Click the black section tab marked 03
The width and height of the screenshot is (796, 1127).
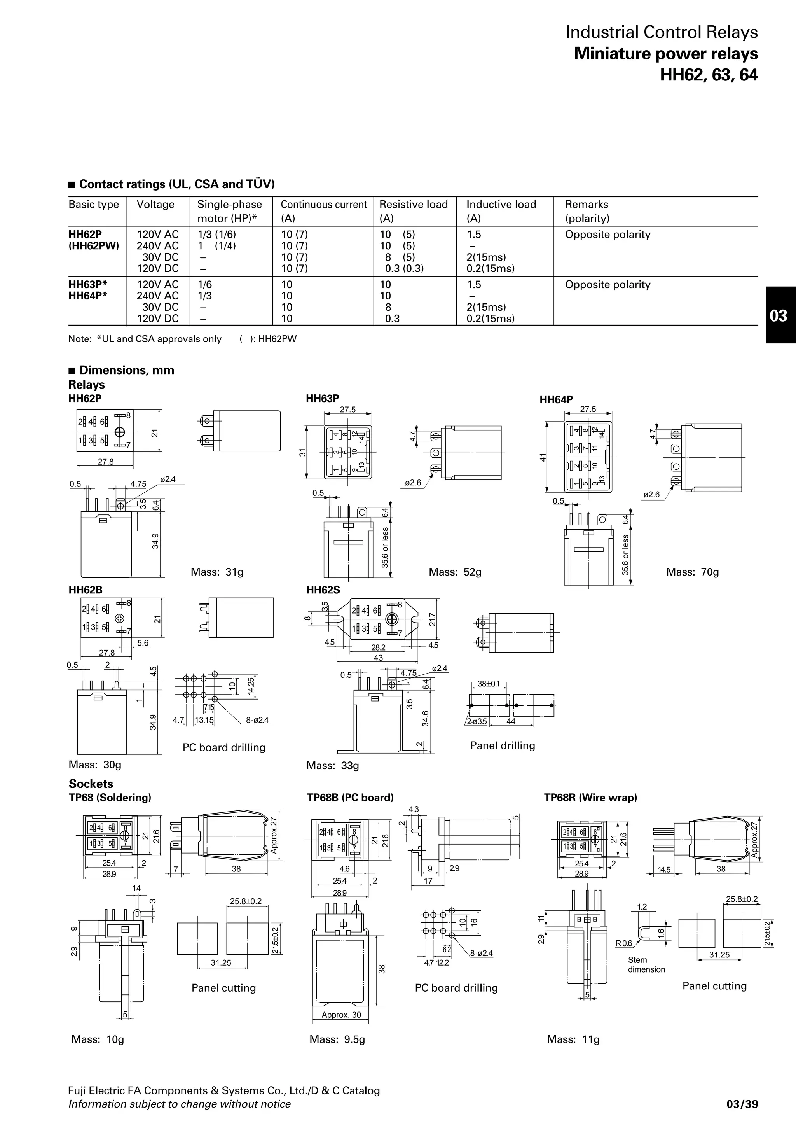coord(780,315)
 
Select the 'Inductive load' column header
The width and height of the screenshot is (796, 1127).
coord(501,205)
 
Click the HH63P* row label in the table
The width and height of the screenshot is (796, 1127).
coord(88,285)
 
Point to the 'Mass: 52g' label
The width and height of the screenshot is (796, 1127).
coord(455,572)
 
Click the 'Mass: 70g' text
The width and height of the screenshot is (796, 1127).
coord(692,572)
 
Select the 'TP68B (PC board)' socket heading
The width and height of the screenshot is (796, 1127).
coord(350,798)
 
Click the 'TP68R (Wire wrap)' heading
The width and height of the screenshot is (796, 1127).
coord(590,798)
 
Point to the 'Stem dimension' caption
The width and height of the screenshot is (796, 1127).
coord(646,964)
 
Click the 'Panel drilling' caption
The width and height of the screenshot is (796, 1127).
coord(502,745)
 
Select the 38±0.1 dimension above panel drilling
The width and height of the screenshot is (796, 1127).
coord(489,684)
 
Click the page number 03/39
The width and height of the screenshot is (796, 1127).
coord(742,1104)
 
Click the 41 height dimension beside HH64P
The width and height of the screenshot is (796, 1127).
coord(543,457)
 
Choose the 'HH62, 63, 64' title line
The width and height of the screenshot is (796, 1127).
coord(708,75)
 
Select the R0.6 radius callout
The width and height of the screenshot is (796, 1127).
coord(624,943)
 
